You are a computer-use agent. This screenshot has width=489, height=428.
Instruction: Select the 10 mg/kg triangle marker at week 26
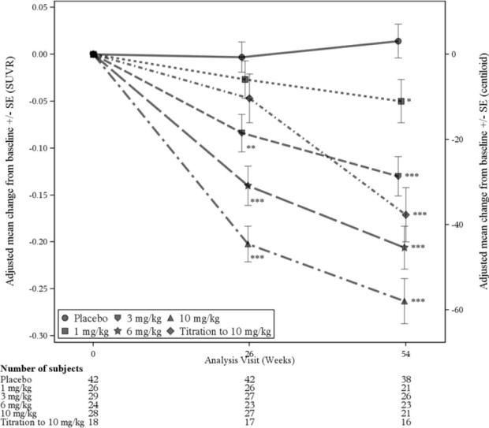click(248, 244)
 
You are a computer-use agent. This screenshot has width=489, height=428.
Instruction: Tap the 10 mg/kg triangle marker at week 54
click(404, 300)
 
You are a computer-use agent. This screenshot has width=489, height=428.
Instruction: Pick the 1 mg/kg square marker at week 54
click(401, 101)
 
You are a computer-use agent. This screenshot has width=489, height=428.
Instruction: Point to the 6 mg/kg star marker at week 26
click(248, 186)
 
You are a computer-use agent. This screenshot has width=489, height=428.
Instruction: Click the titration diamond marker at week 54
click(406, 214)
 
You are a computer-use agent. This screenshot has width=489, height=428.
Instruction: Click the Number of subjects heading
click(39, 369)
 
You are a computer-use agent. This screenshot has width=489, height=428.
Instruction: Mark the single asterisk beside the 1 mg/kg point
click(409, 101)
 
